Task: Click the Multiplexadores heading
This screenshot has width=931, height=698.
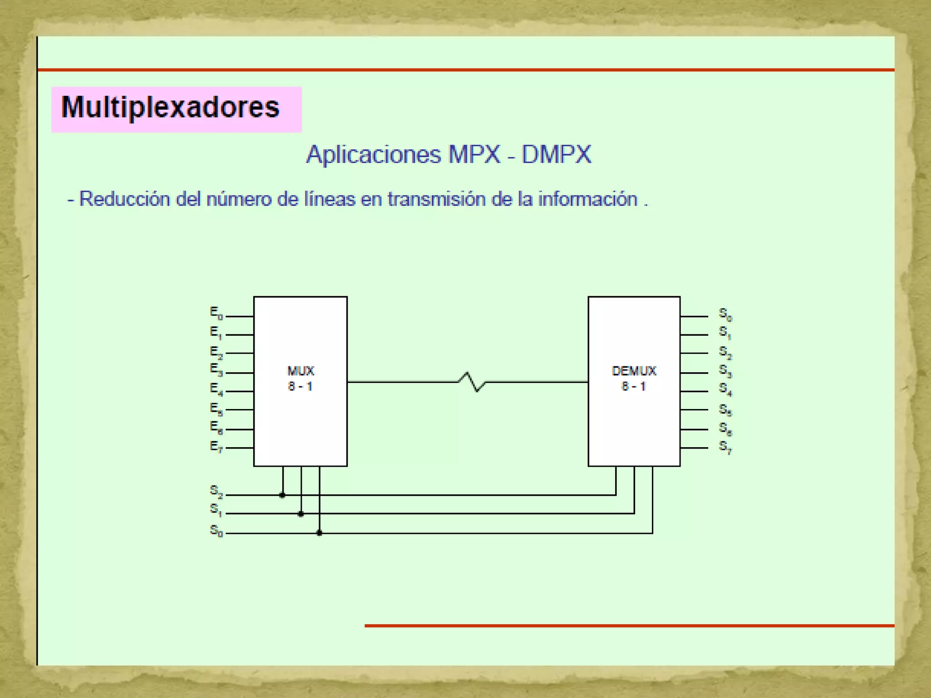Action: coord(170,108)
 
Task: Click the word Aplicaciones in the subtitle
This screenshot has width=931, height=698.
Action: coord(373,155)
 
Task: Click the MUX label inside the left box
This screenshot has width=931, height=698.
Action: coord(300,371)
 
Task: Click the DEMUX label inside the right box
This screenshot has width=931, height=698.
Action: coord(634,371)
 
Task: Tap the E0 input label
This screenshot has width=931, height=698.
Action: coord(216,313)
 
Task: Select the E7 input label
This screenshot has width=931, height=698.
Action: coord(216,447)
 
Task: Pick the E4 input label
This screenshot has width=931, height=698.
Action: coord(216,389)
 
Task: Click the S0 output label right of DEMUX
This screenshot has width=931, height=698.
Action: coord(725,314)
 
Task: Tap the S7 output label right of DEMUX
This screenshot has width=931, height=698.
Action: coord(725,447)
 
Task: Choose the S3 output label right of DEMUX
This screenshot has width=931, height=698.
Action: coord(725,371)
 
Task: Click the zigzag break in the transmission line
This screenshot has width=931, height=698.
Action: coord(471,382)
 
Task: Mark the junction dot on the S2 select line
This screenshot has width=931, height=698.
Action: coord(282,495)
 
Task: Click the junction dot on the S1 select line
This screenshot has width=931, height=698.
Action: coord(300,514)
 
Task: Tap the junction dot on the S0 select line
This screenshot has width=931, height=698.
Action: coord(319,533)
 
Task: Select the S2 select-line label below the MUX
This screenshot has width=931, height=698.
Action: coord(216,491)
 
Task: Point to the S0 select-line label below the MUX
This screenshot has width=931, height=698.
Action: coord(216,530)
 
